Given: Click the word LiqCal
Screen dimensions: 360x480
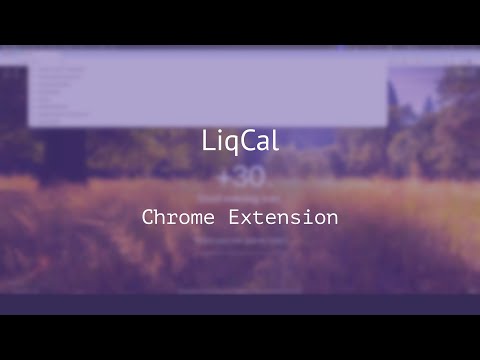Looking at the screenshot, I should (240, 142).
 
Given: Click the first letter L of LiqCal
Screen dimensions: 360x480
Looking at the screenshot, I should (207, 142).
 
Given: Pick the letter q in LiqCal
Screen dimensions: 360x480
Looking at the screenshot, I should (233, 144).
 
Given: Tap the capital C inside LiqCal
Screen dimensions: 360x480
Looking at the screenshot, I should (247, 142).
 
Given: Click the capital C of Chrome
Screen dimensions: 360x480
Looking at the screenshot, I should (148, 217).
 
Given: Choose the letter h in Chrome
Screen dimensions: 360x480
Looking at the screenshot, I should (161, 217).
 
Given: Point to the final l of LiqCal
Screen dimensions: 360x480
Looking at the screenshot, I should (273, 142).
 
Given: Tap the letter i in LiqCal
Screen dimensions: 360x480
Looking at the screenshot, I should (220, 142).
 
